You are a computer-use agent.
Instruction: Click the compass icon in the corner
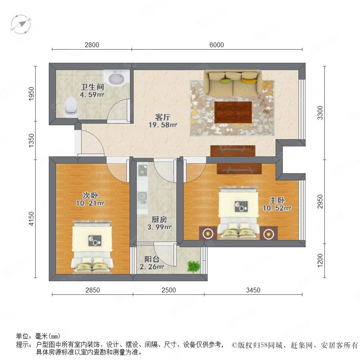tap(21, 24)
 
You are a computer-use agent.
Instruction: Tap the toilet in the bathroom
tap(71, 106)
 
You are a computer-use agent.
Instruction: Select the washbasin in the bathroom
tap(116, 78)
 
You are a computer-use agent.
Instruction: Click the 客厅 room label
tap(162, 117)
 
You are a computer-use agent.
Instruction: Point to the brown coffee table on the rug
tap(233, 112)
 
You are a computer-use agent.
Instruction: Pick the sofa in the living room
tap(233, 83)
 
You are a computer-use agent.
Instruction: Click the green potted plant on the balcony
tap(193, 267)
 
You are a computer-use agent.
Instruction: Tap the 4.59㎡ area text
tap(92, 94)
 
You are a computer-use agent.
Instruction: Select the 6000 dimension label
tap(216, 45)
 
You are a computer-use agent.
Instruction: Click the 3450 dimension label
tap(253, 290)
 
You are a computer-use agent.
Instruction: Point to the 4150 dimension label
tap(31, 218)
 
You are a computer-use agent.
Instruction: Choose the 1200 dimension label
tap(320, 260)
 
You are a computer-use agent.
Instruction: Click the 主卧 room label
tap(277, 200)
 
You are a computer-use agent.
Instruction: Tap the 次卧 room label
tap(90, 195)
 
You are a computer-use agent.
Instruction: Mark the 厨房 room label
tap(159, 220)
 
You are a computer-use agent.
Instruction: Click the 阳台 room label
tap(152, 259)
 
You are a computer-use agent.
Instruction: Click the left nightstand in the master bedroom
tap(208, 233)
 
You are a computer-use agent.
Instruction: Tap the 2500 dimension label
tap(168, 290)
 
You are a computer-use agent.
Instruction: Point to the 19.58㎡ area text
tap(162, 125)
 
